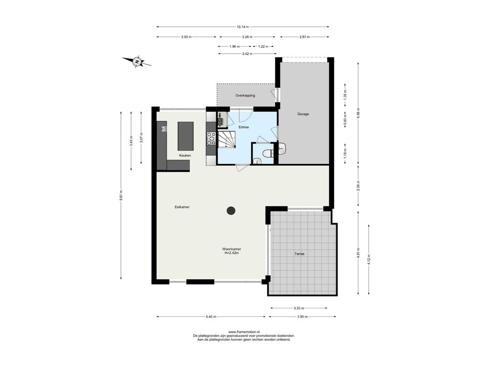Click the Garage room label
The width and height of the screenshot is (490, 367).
point(303,114)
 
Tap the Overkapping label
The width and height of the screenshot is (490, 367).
point(245,96)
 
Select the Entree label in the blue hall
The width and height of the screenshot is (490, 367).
point(244,127)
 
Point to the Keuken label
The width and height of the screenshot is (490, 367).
point(185,155)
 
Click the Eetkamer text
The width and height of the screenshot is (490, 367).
point(182,207)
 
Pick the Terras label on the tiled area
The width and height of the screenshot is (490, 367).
point(300,254)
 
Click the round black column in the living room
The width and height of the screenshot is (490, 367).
point(231,211)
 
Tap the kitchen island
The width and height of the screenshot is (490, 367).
point(186,136)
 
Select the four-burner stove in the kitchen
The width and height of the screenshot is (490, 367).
point(211,139)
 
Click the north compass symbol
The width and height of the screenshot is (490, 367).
point(136,62)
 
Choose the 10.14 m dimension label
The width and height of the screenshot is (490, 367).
point(243,27)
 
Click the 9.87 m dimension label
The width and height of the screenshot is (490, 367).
point(121,195)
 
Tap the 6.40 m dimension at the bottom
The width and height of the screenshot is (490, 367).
point(211,317)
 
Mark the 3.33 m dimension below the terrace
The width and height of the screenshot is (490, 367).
point(299,308)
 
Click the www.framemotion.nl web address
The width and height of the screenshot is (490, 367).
point(244,332)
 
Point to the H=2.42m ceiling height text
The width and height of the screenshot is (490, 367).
point(232,253)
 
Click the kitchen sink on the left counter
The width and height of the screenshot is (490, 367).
point(164,129)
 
